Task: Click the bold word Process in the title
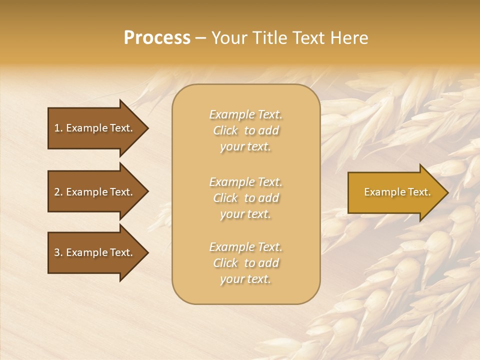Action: (157, 38)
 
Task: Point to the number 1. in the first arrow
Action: (58, 128)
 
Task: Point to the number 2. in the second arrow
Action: (58, 192)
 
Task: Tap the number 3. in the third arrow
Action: (58, 253)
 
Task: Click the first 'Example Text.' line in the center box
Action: (245, 114)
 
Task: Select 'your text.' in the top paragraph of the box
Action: (245, 147)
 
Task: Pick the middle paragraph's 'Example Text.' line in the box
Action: (245, 182)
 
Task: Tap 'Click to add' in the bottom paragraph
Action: (245, 263)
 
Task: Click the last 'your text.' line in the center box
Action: (245, 279)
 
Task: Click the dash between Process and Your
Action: (200, 38)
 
